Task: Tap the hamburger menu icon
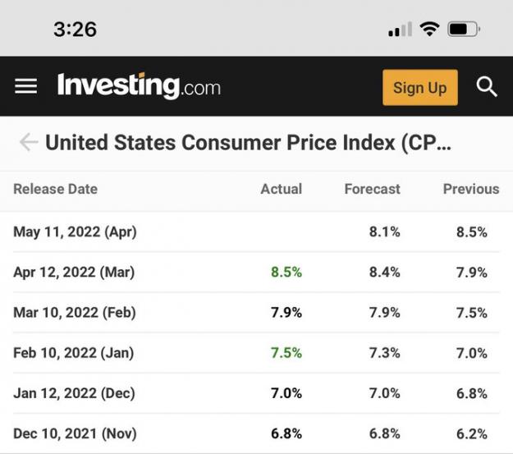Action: pyautogui.click(x=25, y=86)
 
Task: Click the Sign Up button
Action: pyautogui.click(x=420, y=87)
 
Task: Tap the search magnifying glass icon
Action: pyautogui.click(x=487, y=87)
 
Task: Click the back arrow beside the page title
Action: pyautogui.click(x=29, y=142)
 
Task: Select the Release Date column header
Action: pyautogui.click(x=55, y=189)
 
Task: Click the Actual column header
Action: pyautogui.click(x=282, y=189)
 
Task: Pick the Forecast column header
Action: pyautogui.click(x=373, y=189)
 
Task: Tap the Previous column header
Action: pyautogui.click(x=471, y=189)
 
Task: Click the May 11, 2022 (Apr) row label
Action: pyautogui.click(x=75, y=232)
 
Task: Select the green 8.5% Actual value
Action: pyautogui.click(x=286, y=272)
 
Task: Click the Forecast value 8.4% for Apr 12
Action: pyautogui.click(x=385, y=272)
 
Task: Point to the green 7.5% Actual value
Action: pyautogui.click(x=286, y=353)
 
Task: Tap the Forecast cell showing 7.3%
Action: pyautogui.click(x=385, y=353)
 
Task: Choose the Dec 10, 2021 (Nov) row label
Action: pyautogui.click(x=75, y=433)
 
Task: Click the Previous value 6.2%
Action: pyautogui.click(x=472, y=433)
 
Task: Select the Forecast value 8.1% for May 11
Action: pyautogui.click(x=385, y=232)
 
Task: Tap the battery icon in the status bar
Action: pyautogui.click(x=464, y=30)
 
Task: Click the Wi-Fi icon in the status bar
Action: pyautogui.click(x=429, y=29)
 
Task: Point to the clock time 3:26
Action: pyautogui.click(x=75, y=29)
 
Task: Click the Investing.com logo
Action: pyautogui.click(x=139, y=85)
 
